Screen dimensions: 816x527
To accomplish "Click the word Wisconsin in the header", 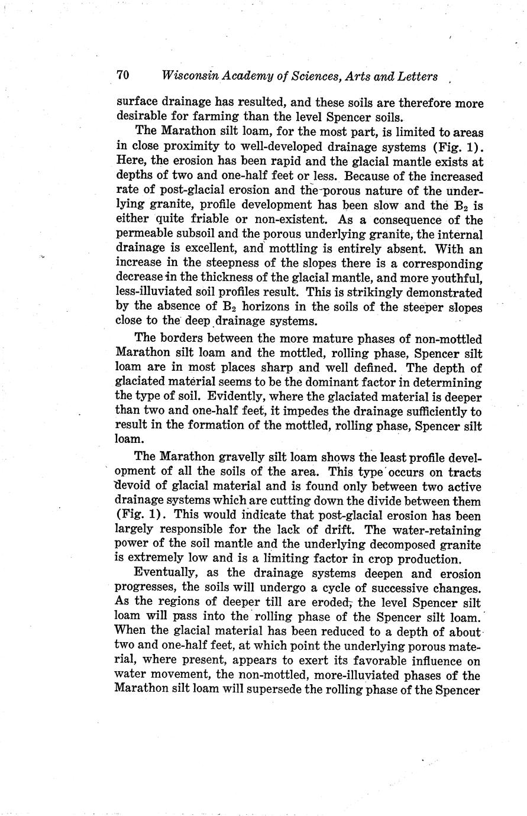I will tap(188, 76).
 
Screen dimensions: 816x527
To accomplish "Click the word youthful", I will tap(458, 278).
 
